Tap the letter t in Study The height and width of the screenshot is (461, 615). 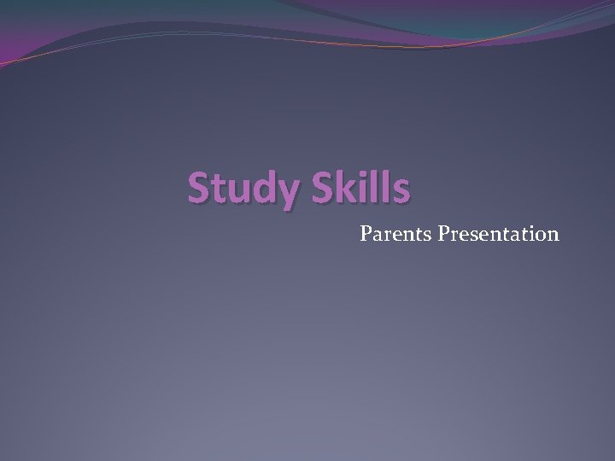[219, 189]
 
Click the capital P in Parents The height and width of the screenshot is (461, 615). [366, 231]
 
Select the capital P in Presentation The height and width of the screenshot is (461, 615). [443, 231]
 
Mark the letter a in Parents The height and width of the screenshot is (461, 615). [378, 234]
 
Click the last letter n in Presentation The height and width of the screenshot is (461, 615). [553, 234]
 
